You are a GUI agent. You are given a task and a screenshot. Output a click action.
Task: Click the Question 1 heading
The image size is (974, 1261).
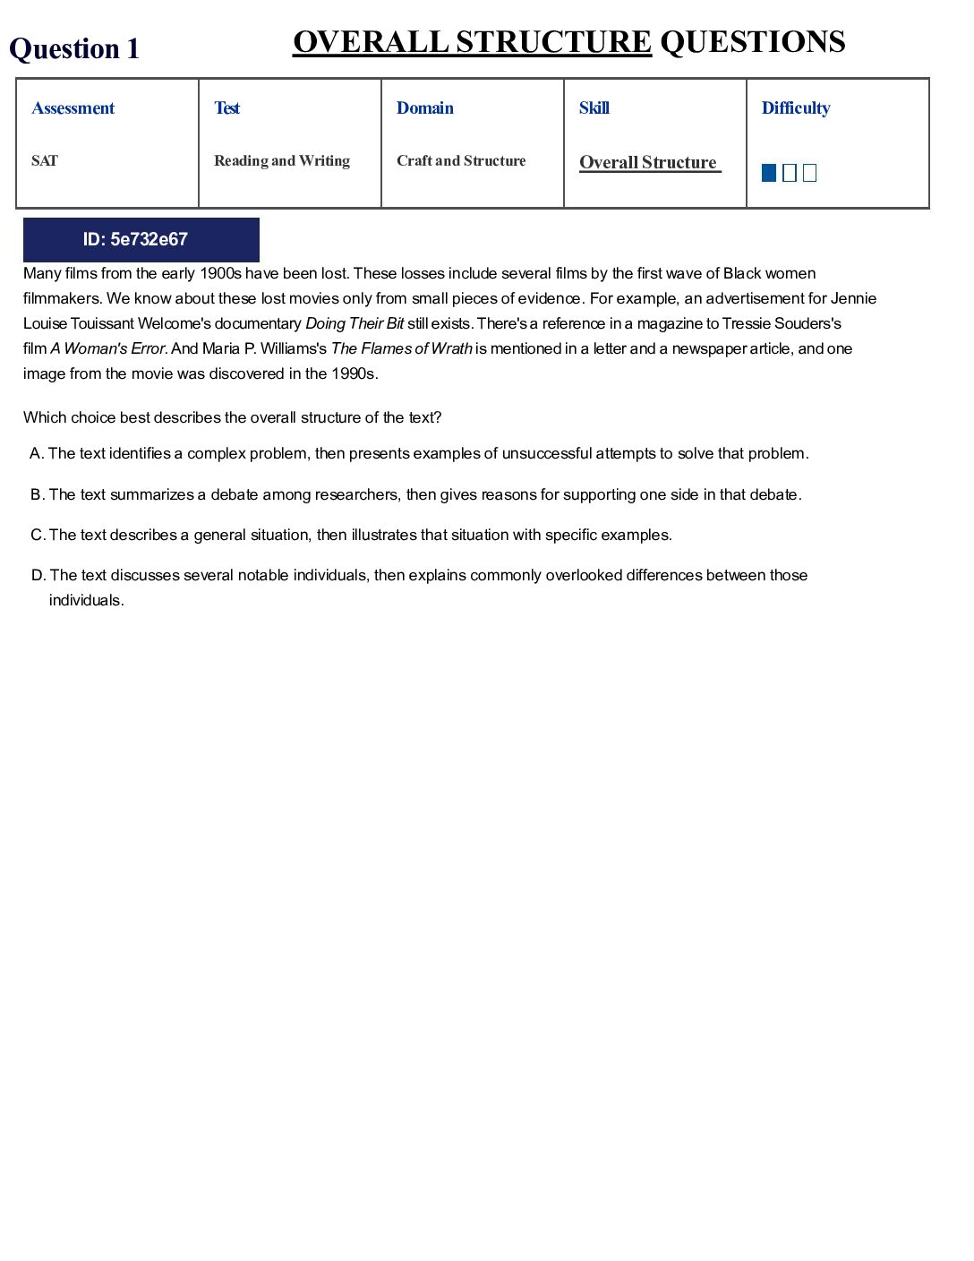point(74,48)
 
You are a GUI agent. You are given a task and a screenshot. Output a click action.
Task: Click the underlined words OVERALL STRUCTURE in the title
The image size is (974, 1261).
point(472,42)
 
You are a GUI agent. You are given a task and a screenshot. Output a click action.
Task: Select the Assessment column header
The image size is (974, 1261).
point(73,108)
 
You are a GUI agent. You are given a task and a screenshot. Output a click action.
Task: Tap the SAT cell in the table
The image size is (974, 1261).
point(45,161)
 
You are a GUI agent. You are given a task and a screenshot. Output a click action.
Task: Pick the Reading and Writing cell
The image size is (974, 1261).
point(282,161)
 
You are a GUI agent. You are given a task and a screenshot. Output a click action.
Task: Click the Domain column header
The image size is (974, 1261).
point(425,108)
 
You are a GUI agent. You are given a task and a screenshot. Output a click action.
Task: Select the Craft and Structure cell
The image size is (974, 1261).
point(461,161)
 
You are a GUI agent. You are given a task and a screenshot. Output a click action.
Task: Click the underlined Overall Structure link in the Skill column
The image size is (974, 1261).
point(649,163)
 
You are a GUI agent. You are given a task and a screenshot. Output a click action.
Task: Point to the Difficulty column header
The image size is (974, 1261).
point(796,108)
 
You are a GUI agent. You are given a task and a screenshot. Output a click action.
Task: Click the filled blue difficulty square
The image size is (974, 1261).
point(769,173)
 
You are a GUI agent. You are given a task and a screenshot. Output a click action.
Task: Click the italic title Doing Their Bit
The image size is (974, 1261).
point(355,323)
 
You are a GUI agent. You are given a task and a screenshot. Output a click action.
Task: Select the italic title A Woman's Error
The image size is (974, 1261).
point(107,348)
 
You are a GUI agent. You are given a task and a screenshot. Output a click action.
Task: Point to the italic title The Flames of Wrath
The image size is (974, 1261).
point(401,348)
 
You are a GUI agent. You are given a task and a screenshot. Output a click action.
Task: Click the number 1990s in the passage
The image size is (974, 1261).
point(354,373)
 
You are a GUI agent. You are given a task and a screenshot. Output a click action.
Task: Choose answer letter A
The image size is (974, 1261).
point(37,453)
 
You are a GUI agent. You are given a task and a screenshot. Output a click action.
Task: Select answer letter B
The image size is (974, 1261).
point(37,494)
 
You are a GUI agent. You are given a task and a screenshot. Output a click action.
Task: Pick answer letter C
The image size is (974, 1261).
point(38,535)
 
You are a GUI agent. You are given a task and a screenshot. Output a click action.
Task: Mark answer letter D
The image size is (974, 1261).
point(38,575)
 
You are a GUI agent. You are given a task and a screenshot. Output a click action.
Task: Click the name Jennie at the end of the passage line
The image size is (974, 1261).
point(853,298)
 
